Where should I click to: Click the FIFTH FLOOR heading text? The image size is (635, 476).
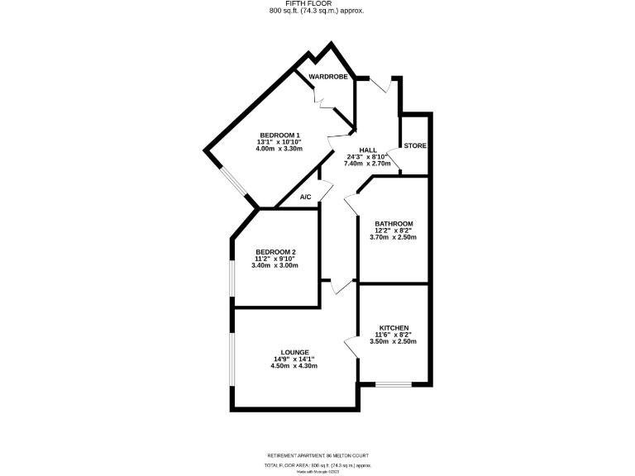[x=317, y=4]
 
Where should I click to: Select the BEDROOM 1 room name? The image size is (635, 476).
[x=279, y=136]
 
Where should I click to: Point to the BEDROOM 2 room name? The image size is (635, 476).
[x=275, y=252]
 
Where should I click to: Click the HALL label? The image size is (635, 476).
[x=368, y=150]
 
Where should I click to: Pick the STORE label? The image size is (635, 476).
[x=415, y=145]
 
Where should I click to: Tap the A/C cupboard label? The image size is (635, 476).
[x=305, y=197]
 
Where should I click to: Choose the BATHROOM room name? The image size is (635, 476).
[x=394, y=224]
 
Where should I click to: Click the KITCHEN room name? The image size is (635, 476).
[x=394, y=328]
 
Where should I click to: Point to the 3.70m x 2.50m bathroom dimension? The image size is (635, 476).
[x=394, y=237]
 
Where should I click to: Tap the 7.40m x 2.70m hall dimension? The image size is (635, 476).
[x=368, y=164]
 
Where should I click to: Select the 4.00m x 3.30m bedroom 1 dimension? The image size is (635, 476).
[x=279, y=149]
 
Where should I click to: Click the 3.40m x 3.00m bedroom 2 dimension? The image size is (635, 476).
[x=275, y=265]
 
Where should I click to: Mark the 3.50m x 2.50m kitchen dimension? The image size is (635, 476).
[x=394, y=341]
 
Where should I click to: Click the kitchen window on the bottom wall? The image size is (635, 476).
[x=393, y=383]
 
